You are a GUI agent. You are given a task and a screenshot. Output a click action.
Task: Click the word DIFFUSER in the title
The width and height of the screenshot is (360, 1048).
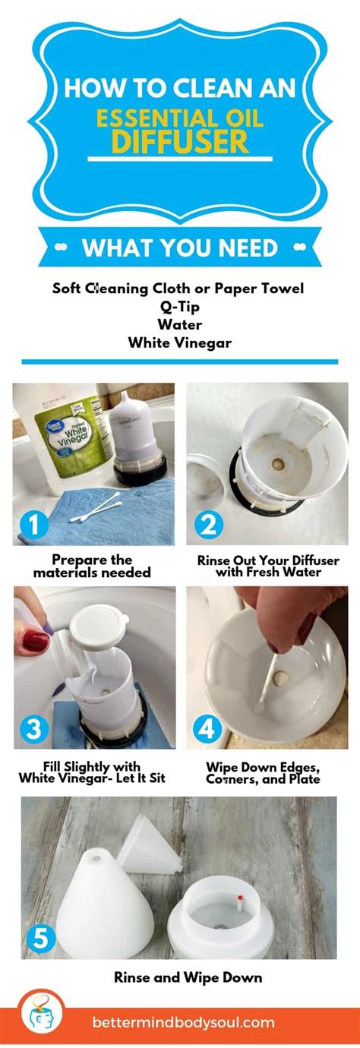coord(179,141)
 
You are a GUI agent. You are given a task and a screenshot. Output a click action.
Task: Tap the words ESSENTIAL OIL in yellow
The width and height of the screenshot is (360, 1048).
coord(179,117)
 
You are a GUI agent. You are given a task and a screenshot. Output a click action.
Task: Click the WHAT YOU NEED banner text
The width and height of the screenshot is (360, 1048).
coord(179,248)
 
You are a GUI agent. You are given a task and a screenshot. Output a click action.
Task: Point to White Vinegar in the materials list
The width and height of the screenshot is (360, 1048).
coord(179,342)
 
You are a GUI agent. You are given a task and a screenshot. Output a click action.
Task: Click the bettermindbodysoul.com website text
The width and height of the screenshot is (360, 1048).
coord(183,1022)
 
